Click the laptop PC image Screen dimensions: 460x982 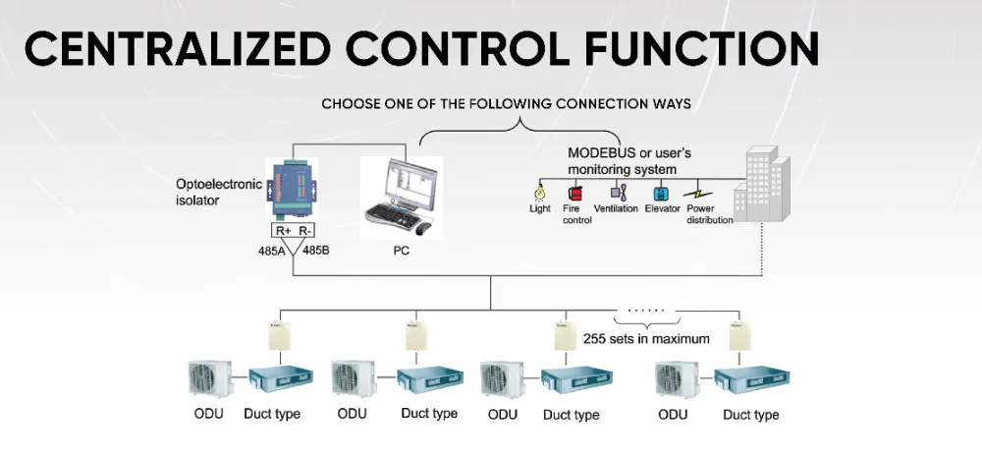(399, 197)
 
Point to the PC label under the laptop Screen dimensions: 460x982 (400, 251)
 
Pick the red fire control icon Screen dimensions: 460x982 (573, 193)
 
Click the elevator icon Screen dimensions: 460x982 (662, 192)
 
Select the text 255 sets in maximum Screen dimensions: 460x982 (646, 339)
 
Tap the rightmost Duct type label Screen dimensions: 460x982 (751, 415)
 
